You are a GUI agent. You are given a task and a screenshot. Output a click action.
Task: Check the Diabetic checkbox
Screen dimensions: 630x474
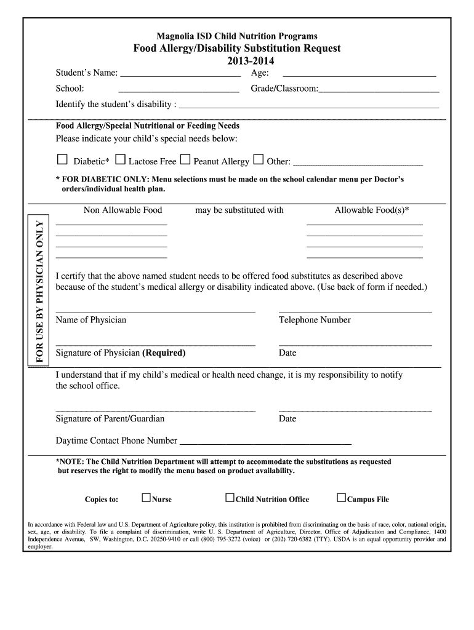(62, 161)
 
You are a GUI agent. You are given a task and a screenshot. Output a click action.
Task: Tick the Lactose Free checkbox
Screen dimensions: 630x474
(120, 161)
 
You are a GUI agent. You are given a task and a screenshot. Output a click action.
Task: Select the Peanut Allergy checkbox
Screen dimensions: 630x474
(185, 161)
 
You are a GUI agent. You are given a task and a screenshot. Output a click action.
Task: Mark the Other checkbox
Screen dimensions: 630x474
(259, 161)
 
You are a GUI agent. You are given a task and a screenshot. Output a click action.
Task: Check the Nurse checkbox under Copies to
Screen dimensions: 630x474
(146, 498)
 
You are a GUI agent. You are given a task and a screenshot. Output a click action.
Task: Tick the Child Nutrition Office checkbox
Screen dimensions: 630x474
(230, 498)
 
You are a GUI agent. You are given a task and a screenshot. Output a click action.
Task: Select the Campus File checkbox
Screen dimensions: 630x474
(341, 498)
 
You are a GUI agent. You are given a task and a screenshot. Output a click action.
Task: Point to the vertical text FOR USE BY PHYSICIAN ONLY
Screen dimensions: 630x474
(41, 290)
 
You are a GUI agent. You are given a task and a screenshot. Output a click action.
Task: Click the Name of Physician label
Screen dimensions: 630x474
(91, 320)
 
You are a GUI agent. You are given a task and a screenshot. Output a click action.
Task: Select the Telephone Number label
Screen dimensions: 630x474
(315, 320)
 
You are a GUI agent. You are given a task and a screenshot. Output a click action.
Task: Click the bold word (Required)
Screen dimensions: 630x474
(164, 353)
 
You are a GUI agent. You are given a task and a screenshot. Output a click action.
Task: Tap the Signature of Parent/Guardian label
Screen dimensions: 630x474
(110, 419)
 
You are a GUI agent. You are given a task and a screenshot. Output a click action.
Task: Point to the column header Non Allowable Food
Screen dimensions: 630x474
(123, 210)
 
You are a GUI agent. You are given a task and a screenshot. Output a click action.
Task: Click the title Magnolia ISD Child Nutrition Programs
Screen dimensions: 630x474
(237, 36)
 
